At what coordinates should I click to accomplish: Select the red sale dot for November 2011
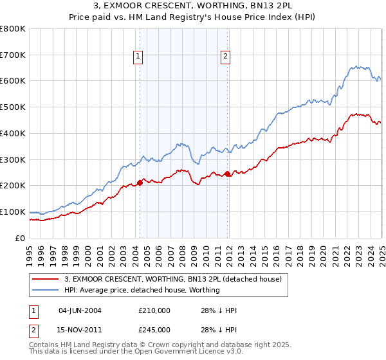tap(228, 174)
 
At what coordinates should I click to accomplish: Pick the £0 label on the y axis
tap(21, 238)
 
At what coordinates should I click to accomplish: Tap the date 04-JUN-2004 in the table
tap(80, 310)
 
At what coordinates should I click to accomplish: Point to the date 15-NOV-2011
tap(80, 330)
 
